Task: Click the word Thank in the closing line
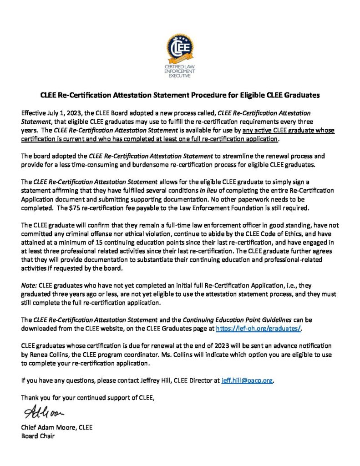(30, 398)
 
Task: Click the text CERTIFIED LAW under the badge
(180, 67)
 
